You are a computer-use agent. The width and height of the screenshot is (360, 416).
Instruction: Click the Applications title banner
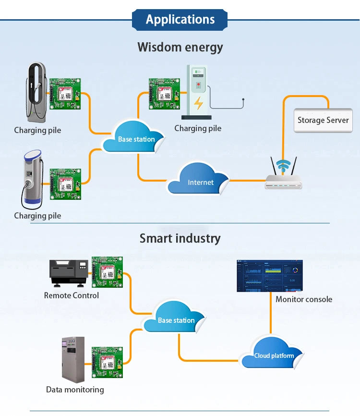180,20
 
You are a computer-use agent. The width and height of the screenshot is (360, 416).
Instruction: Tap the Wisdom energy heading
180,48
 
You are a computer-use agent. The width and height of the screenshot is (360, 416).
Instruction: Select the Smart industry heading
180,238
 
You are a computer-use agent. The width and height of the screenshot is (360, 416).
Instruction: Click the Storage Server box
323,120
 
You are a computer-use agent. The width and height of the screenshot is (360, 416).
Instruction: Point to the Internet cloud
198,180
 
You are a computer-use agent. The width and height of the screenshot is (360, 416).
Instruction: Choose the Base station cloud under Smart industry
174,317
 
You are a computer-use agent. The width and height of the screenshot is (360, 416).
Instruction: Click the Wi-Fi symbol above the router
283,165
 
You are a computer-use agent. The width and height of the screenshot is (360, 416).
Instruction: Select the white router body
283,182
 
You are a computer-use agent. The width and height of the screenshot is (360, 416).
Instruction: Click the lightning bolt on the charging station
198,103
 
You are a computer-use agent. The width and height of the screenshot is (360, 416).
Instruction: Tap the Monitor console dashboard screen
270,276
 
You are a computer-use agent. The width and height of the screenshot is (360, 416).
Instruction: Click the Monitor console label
304,299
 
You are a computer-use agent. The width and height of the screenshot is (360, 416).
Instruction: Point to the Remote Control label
72,295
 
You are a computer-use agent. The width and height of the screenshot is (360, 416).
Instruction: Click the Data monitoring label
75,390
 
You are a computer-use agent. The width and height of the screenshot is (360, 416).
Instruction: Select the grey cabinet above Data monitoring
73,360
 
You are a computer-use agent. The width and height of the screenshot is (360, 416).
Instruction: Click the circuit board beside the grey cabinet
107,362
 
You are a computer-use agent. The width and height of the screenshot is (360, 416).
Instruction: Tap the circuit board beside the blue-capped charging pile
65,184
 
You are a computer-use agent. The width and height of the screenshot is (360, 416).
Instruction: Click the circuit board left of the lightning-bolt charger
164,94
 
